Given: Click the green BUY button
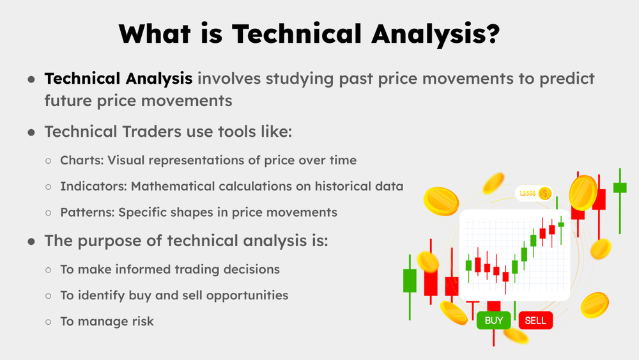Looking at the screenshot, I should (x=494, y=320).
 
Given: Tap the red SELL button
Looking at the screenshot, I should (x=535, y=320).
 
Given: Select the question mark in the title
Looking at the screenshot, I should (x=491, y=35).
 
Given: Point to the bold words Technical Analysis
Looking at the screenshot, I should (x=118, y=79).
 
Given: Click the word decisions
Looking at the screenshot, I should (x=251, y=269).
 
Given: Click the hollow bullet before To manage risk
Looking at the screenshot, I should (x=48, y=322).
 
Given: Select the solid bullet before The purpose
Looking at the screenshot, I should (x=31, y=242).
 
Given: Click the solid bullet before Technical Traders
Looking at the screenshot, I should (x=31, y=132).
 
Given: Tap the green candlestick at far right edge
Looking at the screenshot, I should (x=619, y=187).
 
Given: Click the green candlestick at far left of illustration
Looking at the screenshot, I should (x=410, y=281).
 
